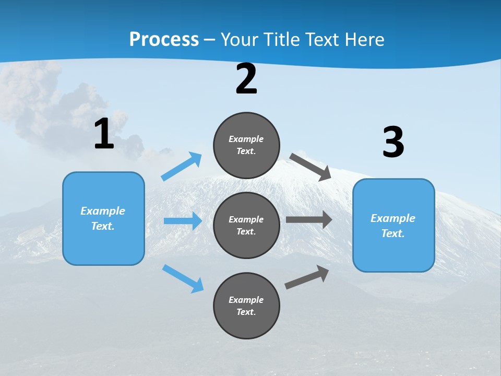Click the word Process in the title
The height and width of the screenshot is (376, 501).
click(164, 39)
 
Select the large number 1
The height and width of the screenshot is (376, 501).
click(104, 134)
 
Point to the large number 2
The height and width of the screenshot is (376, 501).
click(246, 79)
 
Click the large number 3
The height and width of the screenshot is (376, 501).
click(393, 142)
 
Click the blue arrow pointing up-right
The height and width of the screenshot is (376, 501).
click(182, 167)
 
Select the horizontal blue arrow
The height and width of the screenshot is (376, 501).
click(183, 221)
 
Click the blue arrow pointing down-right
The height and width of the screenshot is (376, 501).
click(183, 278)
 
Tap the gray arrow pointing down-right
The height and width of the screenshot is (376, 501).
click(311, 167)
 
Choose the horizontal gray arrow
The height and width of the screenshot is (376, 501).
click(308, 219)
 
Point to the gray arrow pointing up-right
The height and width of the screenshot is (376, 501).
click(307, 277)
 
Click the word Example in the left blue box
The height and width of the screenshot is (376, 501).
click(103, 211)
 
